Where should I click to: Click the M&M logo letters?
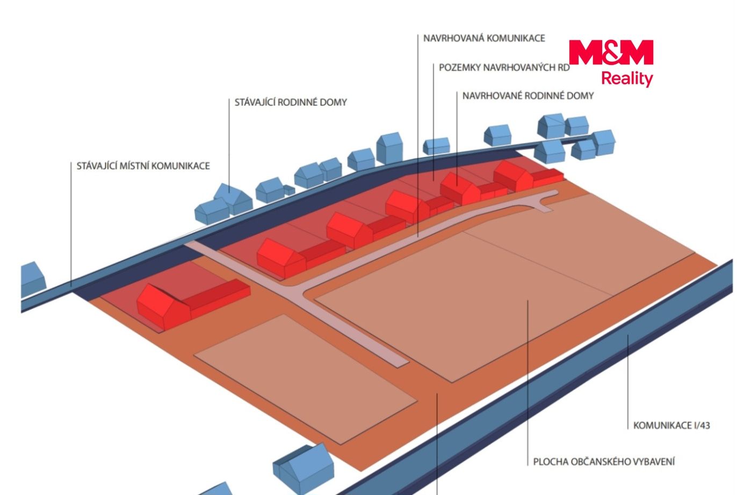click(611, 52)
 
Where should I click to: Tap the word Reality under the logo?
click(627, 79)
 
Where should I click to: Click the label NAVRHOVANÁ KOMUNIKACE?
click(484, 38)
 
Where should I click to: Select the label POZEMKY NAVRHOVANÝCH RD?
click(504, 68)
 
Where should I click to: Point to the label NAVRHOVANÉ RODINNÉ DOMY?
click(528, 96)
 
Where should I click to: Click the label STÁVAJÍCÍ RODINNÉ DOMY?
click(291, 103)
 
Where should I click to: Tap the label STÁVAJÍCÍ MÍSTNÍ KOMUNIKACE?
click(143, 166)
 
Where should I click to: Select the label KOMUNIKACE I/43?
click(671, 425)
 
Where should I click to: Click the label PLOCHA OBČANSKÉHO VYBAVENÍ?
click(604, 462)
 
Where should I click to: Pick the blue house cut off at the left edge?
click(33, 280)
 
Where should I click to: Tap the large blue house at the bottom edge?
click(303, 468)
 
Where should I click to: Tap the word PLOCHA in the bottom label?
click(551, 462)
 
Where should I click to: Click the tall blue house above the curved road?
click(389, 148)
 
